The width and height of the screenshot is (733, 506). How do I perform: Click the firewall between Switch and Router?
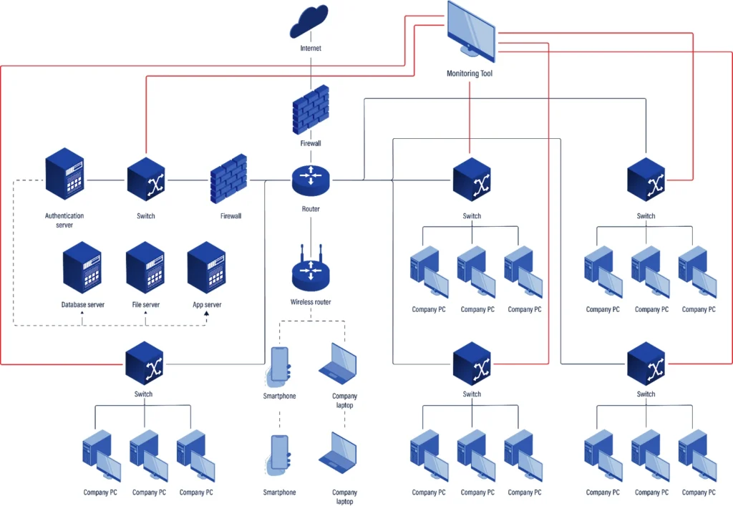(x=230, y=178)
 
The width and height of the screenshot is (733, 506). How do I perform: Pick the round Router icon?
(x=311, y=179)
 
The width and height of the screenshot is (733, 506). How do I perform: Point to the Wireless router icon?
(x=311, y=271)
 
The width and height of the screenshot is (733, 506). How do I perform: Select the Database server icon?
(x=82, y=268)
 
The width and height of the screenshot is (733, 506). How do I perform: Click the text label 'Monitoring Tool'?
(x=470, y=74)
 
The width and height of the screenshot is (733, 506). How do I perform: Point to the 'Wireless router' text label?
(x=311, y=302)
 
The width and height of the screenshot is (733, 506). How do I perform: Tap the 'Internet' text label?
(x=311, y=49)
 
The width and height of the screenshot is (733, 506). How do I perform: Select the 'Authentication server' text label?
(x=64, y=220)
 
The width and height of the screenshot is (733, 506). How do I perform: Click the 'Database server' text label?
(x=82, y=305)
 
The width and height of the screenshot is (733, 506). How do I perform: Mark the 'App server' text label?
(x=207, y=305)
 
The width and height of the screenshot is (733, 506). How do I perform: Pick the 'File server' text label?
(x=145, y=305)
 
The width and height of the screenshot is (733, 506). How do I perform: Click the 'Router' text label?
(x=311, y=209)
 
